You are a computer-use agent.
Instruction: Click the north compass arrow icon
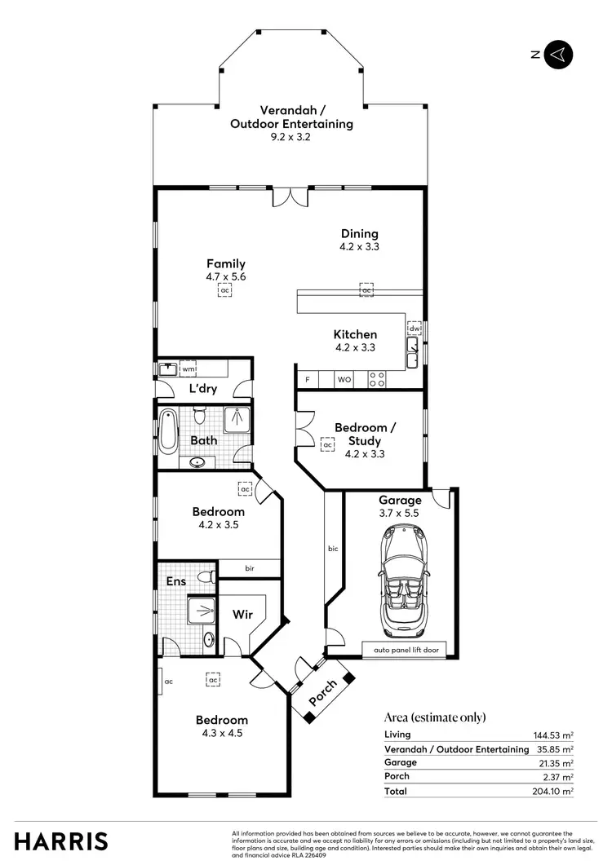[x=559, y=55]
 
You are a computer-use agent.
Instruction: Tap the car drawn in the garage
[x=400, y=580]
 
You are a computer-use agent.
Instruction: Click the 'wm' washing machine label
[x=188, y=369]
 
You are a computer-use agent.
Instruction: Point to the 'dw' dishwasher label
[x=414, y=329]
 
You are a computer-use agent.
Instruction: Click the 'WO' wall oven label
[x=344, y=380]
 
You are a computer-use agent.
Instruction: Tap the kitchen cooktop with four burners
[x=378, y=379]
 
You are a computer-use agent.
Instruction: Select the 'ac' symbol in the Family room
[x=224, y=290]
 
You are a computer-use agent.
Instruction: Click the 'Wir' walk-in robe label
[x=242, y=614]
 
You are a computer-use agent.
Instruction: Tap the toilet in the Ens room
[x=208, y=576]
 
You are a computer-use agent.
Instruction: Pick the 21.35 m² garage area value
[x=557, y=763]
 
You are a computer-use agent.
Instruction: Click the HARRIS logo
[x=61, y=841]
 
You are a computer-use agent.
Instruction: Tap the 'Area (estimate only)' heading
[x=435, y=717]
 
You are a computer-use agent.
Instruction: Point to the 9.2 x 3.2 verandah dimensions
[x=290, y=137]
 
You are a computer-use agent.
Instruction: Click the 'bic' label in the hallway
[x=333, y=549]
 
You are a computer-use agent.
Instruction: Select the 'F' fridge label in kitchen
[x=308, y=380]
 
